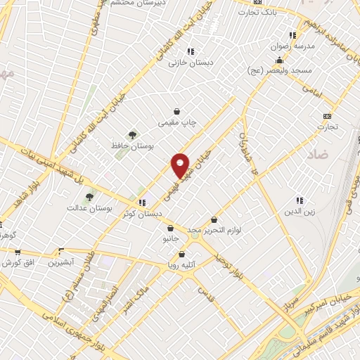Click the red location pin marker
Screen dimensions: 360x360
181,166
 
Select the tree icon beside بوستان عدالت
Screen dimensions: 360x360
89,198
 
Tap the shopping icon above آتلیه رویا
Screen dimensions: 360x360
181,255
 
